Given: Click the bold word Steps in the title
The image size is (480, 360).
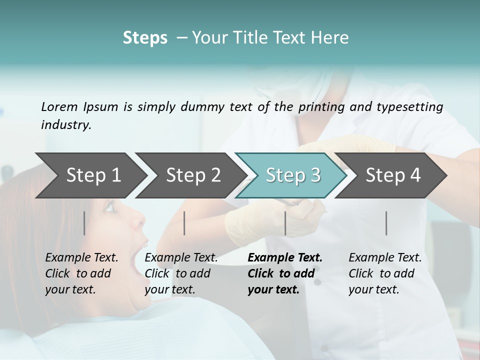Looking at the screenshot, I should [145, 38].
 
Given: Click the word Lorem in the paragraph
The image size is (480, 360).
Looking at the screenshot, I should [59, 106].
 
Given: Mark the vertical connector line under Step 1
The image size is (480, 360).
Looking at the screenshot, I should [84, 223].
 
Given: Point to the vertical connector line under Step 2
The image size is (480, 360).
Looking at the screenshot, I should [184, 223].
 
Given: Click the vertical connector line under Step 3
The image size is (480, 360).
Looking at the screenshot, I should [285, 223].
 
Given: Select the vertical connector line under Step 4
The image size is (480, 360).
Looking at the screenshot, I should [386, 223].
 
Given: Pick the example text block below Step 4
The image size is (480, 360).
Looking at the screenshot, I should [385, 273].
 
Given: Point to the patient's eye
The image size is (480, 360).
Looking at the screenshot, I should [110, 206].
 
